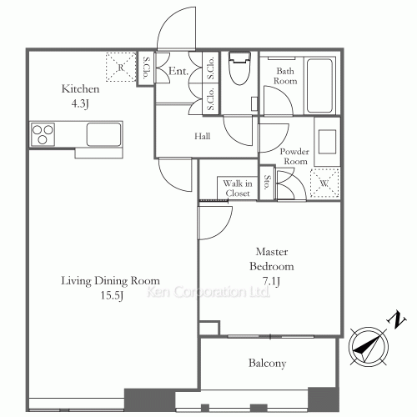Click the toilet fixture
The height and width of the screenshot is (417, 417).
[x=239, y=68]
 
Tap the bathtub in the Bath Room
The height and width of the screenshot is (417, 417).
[x=319, y=86]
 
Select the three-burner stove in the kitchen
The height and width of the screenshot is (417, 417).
[x=43, y=134]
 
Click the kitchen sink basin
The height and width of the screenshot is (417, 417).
[x=103, y=134]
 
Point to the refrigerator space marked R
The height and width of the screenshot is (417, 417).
[x=121, y=67]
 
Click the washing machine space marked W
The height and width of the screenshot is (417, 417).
[x=324, y=183]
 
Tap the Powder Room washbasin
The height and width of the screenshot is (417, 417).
[x=327, y=142]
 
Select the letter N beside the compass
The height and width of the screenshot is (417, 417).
[x=397, y=320]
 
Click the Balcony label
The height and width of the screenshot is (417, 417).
[x=267, y=363]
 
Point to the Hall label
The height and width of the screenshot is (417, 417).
[x=202, y=136]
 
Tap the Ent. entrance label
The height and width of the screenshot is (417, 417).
[x=178, y=71]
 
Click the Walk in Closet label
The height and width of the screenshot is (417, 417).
[x=238, y=188]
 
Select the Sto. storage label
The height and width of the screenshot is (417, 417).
[x=267, y=182]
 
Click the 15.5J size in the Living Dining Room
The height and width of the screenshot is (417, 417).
[x=112, y=295]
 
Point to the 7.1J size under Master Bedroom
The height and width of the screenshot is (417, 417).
[x=271, y=281]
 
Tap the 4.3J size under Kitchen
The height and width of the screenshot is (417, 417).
[x=80, y=104]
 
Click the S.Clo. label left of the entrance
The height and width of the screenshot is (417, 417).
[x=146, y=68]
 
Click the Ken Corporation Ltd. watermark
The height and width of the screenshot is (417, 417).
[x=208, y=292]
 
